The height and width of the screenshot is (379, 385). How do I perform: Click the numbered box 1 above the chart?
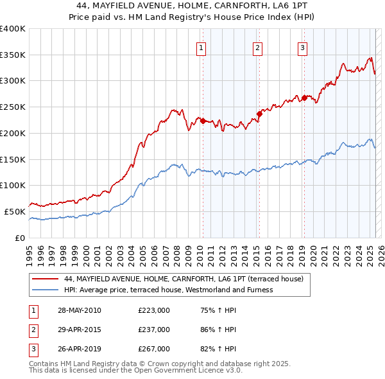pos(201,48)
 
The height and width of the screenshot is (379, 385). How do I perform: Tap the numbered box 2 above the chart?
pos(257,48)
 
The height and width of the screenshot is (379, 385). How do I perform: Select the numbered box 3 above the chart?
pos(302,48)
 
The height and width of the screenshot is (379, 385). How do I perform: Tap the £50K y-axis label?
pos(15,211)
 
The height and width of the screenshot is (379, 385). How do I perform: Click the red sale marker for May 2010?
pos(203,121)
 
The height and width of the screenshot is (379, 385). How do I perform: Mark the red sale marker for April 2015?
pos(259,114)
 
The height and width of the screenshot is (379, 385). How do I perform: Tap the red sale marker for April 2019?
pos(304,98)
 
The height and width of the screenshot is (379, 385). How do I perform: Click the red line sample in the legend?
pos(45,279)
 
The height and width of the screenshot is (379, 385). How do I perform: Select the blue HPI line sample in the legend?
pos(45,290)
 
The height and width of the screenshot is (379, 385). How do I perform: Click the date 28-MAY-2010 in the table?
pos(80,310)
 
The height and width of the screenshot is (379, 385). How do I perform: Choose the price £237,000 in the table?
pos(154,330)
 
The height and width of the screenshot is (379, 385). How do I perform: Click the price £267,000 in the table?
pos(154,349)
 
